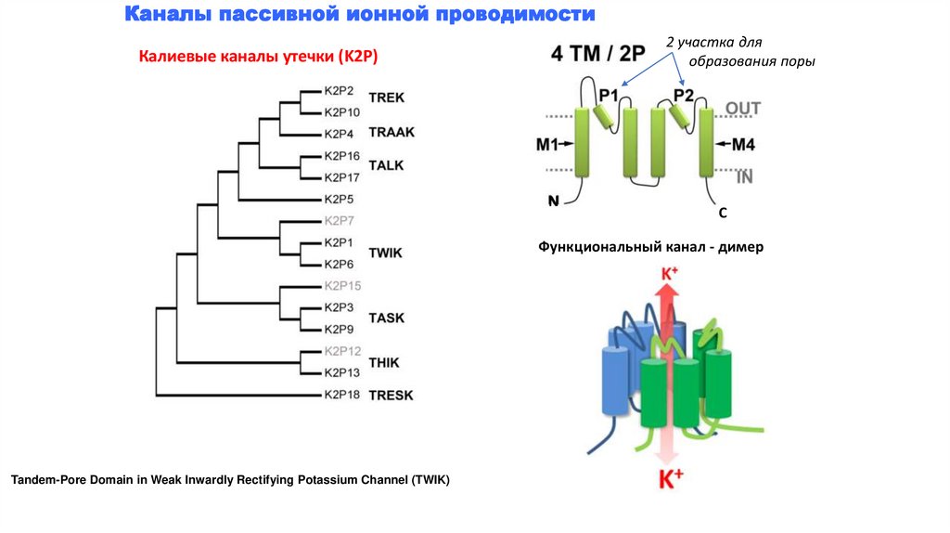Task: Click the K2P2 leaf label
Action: coord(340,91)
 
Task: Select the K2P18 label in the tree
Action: coord(341,395)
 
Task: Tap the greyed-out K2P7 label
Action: coord(340,221)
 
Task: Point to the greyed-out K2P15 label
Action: coord(341,285)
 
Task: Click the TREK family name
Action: coord(386,97)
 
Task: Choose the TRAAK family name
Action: coord(392,133)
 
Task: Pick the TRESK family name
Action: coord(391,395)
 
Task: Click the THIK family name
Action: coord(385,362)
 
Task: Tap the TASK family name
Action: coord(386,318)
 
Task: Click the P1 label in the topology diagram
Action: coord(609,95)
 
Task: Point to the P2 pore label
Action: coord(684,95)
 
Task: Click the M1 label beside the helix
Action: coord(546,144)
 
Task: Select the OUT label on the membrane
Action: coord(742,109)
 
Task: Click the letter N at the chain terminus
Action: coord(553,199)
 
